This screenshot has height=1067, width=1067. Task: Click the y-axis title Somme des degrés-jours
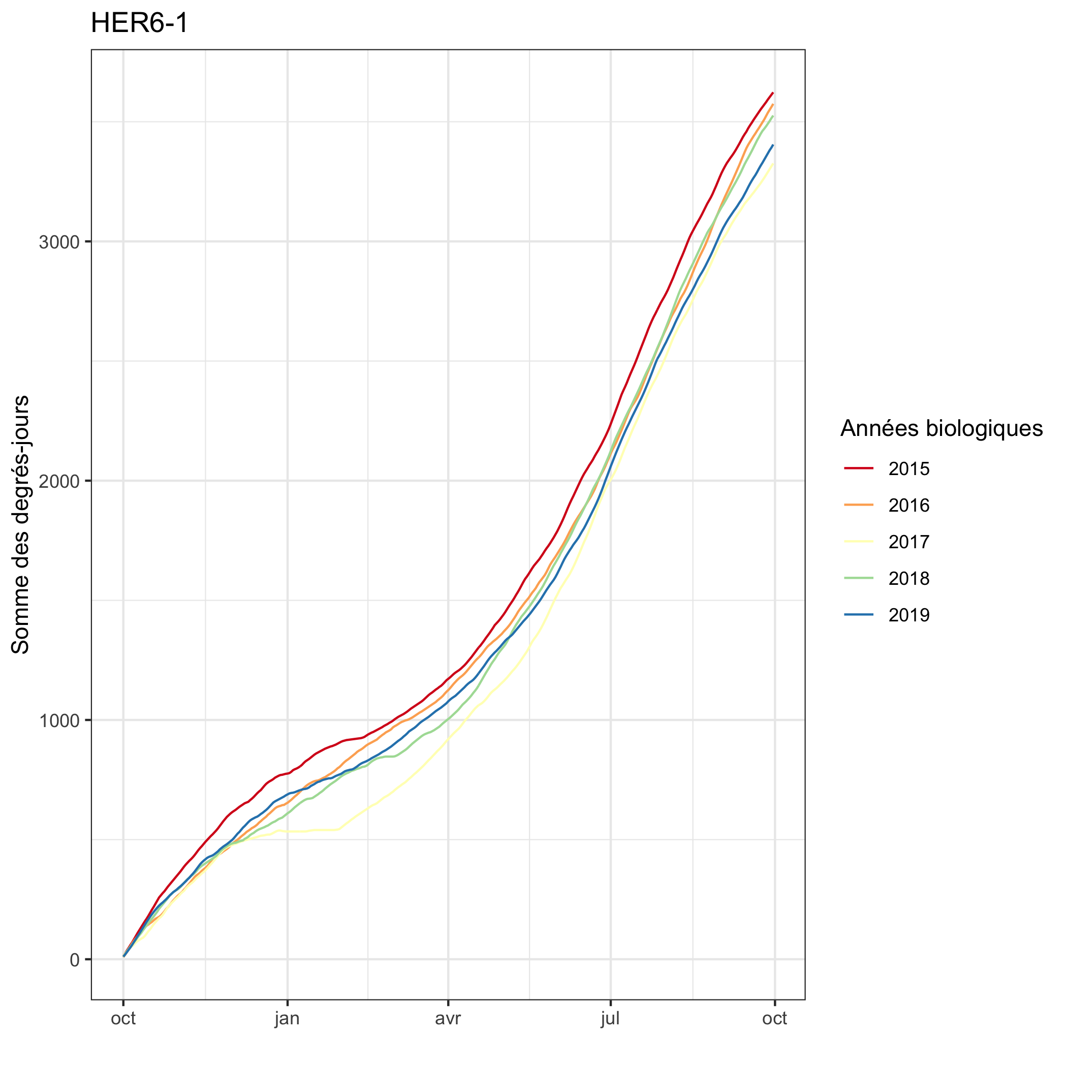coord(20,524)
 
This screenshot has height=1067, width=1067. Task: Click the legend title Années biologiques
coord(942,428)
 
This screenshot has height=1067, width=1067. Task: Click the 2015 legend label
coord(909,469)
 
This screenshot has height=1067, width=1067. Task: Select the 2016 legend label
coord(909,506)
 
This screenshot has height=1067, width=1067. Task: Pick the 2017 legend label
coord(909,542)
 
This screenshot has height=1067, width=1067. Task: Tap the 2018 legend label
coord(909,578)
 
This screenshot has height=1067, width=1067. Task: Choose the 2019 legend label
coord(909,615)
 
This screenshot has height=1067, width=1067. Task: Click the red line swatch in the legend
coord(859,468)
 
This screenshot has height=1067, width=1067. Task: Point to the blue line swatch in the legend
coord(859,614)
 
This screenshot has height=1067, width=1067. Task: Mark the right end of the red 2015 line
coord(773,93)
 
